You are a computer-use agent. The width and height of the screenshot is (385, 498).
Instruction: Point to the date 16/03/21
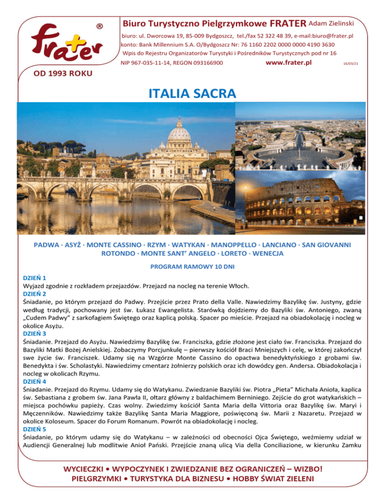(x=350, y=64)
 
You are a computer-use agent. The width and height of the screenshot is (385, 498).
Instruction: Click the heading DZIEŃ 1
(x=34, y=277)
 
